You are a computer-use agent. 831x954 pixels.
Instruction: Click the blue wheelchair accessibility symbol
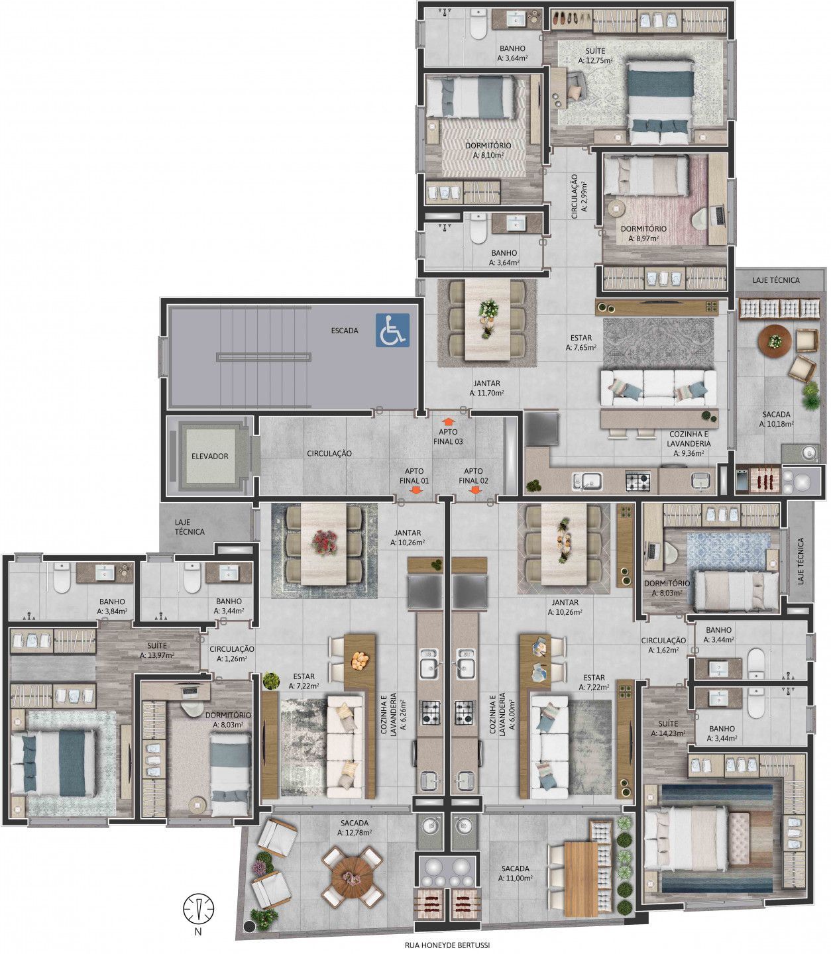point(393,330)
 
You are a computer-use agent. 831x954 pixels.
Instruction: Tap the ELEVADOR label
point(210,456)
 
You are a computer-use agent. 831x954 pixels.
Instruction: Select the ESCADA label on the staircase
point(345,331)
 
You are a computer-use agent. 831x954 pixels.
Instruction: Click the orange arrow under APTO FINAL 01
point(416,490)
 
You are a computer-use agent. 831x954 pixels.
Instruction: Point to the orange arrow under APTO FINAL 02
point(475,490)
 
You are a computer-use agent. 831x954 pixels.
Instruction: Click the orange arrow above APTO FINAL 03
point(448,422)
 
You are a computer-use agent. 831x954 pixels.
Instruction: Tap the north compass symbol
point(198,909)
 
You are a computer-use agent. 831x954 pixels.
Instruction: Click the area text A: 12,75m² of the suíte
point(596,60)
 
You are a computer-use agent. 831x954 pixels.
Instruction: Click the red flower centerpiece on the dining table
point(325,543)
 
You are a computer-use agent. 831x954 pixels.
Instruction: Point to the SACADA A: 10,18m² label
point(777,419)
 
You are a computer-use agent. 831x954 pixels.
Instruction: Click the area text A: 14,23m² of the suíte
point(668,733)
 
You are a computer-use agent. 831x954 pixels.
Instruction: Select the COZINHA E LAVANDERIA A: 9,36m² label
point(689,443)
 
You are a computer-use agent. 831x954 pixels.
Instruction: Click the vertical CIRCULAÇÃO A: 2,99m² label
point(579,196)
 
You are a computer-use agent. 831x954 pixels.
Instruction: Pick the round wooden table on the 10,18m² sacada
point(775,343)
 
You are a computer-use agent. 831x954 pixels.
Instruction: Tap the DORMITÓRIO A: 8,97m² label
point(643,234)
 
